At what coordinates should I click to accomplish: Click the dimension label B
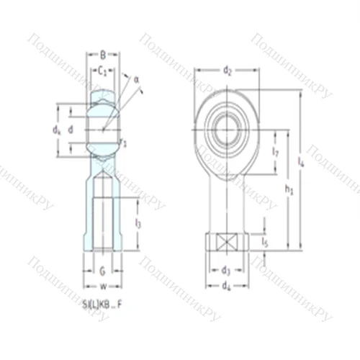103,53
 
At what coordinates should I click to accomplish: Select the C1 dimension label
103,71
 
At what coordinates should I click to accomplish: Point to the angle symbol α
135,79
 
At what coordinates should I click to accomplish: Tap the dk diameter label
57,130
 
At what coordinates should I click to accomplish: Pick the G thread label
103,271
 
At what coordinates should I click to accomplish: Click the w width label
103,286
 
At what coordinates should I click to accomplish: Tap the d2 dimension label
227,71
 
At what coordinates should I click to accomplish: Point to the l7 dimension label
276,152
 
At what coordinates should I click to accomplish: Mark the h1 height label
289,190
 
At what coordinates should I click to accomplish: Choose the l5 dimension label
266,241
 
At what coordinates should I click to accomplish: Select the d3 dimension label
226,271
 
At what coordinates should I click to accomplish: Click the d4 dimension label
226,286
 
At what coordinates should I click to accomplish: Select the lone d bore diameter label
70,130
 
